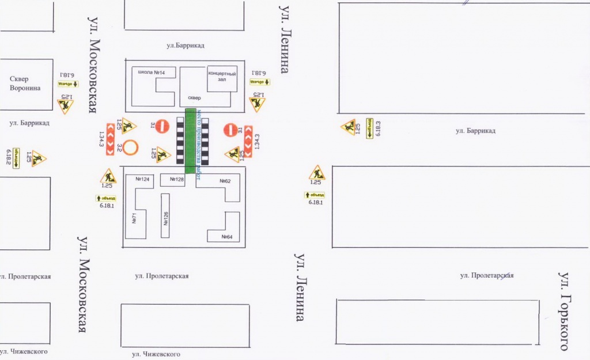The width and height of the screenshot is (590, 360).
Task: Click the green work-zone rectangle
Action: coord(190,141)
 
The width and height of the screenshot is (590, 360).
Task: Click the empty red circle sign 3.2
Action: coord(131,148)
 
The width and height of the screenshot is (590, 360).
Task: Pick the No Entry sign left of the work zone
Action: coord(164,126)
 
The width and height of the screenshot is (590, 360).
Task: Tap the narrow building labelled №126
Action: coord(165,216)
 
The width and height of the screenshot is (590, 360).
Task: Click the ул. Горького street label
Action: coord(565,311)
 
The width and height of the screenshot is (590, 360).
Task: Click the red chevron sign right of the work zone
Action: coord(249,142)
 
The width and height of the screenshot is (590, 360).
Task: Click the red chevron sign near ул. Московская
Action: coord(109,138)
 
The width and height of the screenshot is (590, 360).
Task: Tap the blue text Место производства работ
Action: coord(199,145)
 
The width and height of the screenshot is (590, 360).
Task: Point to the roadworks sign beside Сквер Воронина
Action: coord(65,105)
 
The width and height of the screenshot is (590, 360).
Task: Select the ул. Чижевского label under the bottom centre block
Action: coord(156,354)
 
